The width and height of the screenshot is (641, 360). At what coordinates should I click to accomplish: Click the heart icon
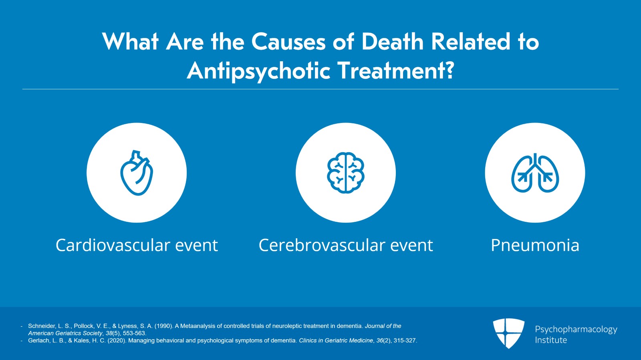(137, 173)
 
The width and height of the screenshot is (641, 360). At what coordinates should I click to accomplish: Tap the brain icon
(346, 173)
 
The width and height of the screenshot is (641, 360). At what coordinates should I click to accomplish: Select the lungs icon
(535, 173)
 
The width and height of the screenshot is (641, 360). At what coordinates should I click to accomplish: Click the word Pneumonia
(535, 245)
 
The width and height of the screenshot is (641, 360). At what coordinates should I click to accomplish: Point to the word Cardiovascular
(113, 245)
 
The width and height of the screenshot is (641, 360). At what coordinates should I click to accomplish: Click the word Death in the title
(393, 42)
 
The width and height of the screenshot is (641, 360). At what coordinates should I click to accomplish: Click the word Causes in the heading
(288, 42)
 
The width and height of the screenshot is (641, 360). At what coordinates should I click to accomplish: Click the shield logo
(509, 333)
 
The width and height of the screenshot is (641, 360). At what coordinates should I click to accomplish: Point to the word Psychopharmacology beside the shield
(576, 330)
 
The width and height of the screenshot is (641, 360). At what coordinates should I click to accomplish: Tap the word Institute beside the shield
(551, 340)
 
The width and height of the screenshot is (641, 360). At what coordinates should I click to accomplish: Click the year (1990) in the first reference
(164, 326)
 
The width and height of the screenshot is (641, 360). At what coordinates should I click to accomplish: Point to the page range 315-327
(405, 340)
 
